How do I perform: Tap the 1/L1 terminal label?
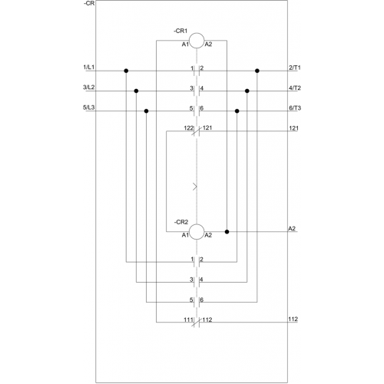click(x=88, y=68)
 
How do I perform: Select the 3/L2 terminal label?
click(x=88, y=88)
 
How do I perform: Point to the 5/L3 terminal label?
click(x=88, y=108)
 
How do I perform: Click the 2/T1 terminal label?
click(x=295, y=68)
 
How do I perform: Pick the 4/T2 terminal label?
click(x=295, y=88)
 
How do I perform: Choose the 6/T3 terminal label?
click(x=295, y=108)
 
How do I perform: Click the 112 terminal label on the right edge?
click(x=293, y=319)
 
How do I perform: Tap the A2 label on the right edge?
click(x=292, y=228)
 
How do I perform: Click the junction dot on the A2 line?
click(x=227, y=232)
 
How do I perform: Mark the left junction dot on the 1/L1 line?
click(x=126, y=71)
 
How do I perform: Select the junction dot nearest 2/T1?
click(x=257, y=71)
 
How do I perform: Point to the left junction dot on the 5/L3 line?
click(x=146, y=111)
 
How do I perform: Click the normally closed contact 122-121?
click(x=197, y=131)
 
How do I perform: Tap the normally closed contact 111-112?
click(x=197, y=323)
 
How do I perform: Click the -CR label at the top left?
click(x=89, y=4)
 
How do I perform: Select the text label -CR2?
click(x=181, y=222)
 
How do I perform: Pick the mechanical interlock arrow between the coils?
click(x=195, y=187)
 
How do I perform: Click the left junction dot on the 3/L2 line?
click(x=136, y=91)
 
